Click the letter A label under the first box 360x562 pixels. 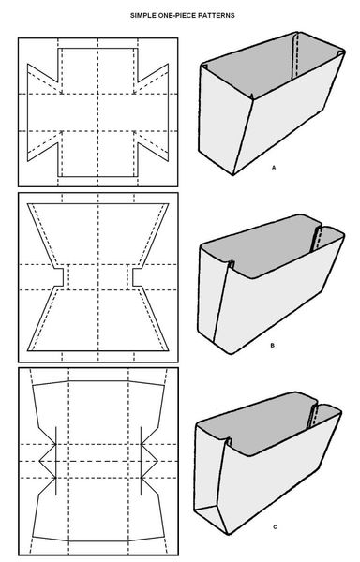272,165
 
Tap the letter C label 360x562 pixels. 275,527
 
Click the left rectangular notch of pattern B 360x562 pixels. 58,278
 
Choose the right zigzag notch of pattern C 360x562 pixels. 146,460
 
